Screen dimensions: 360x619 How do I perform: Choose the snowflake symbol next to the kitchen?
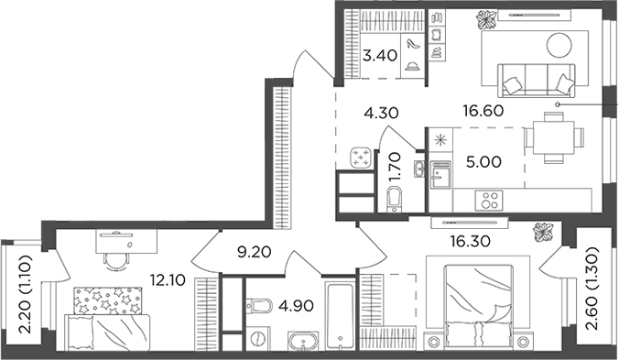[441, 141]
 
